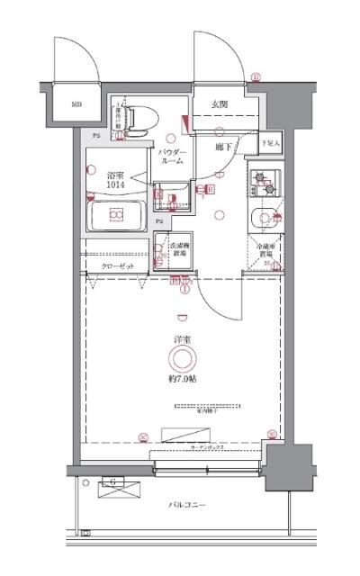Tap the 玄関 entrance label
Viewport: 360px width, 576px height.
coord(219,103)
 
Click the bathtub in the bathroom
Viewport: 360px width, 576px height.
coord(116,216)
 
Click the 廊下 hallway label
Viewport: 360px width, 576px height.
coord(225,146)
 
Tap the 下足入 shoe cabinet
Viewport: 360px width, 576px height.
coord(270,143)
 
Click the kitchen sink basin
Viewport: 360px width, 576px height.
coord(264,217)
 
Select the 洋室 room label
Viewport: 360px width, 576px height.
coord(182,338)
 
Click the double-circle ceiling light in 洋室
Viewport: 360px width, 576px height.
coord(183,359)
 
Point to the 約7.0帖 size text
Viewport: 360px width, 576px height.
coord(183,380)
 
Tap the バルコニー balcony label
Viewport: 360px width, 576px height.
coord(187,505)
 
